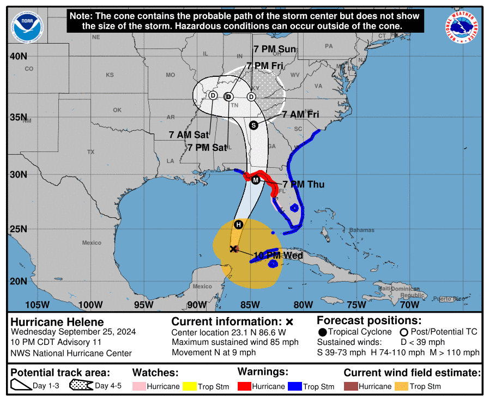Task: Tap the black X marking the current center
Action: (x=233, y=249)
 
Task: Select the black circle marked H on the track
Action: (x=238, y=224)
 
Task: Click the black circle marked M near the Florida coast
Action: (x=256, y=180)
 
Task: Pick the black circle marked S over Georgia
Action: (x=253, y=125)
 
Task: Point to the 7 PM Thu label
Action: (x=304, y=185)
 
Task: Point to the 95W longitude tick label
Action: (x=143, y=305)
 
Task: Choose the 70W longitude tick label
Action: (x=409, y=305)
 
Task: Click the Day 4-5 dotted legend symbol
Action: (x=81, y=386)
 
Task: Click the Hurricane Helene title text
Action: (x=57, y=322)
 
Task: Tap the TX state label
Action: (x=90, y=152)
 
